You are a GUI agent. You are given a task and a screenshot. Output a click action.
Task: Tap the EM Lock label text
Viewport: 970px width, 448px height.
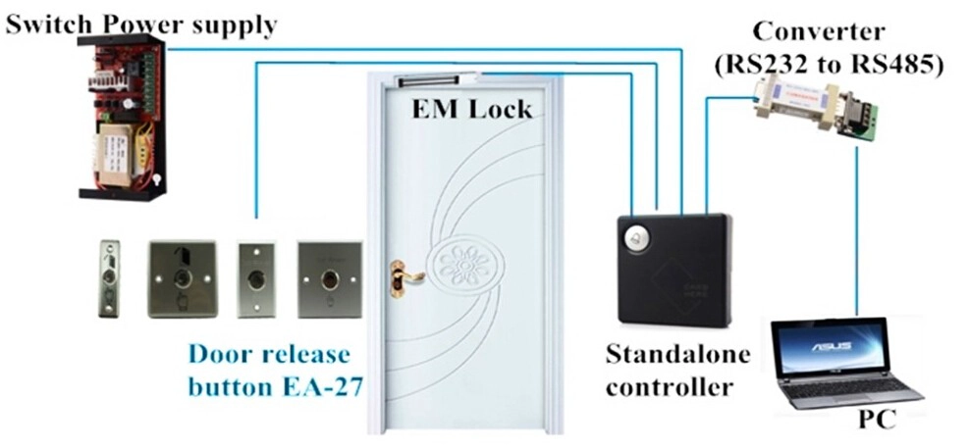pos(471,110)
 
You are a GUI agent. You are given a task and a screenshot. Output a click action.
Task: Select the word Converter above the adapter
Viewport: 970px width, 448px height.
pos(819,31)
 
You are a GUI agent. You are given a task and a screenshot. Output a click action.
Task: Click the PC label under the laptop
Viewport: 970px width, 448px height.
pos(877,420)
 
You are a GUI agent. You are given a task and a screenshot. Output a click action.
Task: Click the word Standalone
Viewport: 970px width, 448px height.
pos(677,355)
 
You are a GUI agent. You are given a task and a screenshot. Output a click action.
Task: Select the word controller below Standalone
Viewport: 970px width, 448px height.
pos(669,387)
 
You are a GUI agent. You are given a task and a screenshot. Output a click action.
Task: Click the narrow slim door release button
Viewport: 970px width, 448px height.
pos(109,279)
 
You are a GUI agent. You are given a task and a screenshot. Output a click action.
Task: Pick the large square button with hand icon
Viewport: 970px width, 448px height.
pos(183,279)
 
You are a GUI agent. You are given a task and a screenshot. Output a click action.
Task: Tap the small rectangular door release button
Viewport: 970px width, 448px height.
pos(256,280)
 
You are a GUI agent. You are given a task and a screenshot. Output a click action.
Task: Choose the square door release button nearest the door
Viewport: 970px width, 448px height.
pos(330,280)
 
